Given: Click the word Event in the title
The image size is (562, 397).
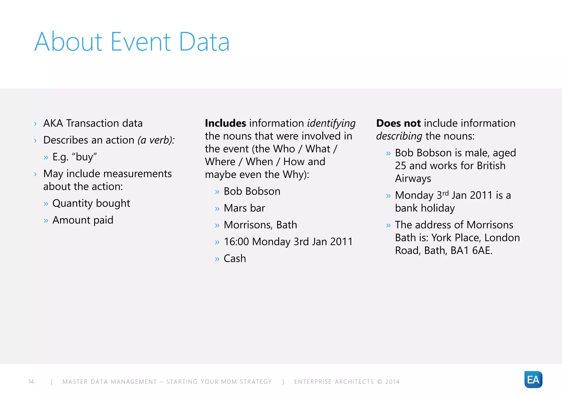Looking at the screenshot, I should (x=140, y=42).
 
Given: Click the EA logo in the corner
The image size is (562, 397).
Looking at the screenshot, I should (x=533, y=379).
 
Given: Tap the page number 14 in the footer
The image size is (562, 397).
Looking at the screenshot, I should (x=31, y=382).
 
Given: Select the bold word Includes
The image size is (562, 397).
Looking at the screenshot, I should (x=225, y=123).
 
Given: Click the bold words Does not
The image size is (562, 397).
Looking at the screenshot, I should (x=398, y=123).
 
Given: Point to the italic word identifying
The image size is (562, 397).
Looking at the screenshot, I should (x=331, y=124).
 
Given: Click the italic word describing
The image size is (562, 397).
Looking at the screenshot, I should (x=399, y=136).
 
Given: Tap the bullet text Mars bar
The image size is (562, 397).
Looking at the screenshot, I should (x=244, y=208).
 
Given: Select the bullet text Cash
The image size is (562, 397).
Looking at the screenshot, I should (x=235, y=259).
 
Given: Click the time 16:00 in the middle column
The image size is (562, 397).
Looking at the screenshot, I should (x=236, y=242).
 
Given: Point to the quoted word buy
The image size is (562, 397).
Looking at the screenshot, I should (x=84, y=157).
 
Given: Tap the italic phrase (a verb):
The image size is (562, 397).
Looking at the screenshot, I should (x=156, y=140).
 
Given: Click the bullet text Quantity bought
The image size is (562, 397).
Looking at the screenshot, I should (x=91, y=203).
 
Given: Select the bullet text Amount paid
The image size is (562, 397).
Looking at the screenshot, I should (x=83, y=220).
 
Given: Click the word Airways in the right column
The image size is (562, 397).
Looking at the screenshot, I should (x=413, y=178).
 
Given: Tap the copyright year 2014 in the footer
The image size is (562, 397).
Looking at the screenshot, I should (x=392, y=382).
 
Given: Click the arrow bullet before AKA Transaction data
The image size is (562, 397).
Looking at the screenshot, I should (x=35, y=124).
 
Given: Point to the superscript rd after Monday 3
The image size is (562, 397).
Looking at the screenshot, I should (x=446, y=193).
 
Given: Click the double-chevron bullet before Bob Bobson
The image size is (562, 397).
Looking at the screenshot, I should (x=217, y=192).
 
